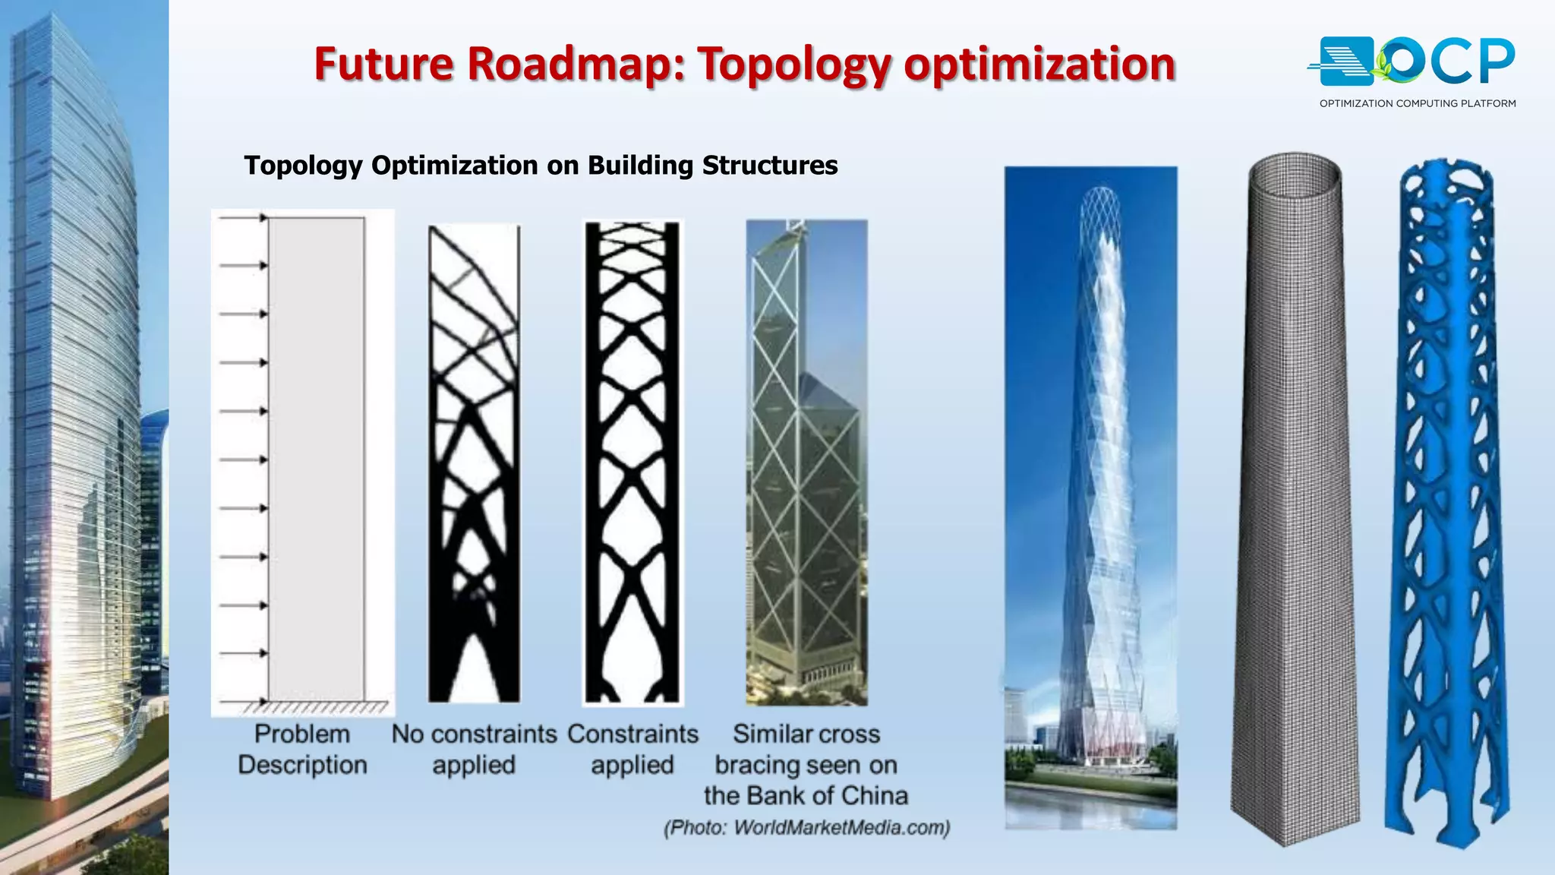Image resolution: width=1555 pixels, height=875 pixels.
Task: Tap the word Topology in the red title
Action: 793,65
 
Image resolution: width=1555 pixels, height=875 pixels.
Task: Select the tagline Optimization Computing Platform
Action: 1417,103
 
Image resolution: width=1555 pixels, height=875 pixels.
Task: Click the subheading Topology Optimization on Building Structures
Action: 541,166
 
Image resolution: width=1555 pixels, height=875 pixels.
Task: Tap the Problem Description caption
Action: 302,749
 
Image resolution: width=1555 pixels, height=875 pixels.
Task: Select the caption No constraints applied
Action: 474,749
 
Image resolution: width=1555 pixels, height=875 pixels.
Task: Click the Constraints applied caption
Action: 632,749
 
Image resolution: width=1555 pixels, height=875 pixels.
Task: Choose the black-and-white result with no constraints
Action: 475,463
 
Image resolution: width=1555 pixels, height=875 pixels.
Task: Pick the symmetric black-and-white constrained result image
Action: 632,463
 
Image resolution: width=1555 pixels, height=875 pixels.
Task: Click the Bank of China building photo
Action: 806,463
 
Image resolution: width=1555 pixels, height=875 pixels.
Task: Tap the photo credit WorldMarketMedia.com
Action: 806,827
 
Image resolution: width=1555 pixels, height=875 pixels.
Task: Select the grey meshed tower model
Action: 1295,501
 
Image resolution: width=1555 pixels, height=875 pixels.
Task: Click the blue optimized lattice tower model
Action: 1446,501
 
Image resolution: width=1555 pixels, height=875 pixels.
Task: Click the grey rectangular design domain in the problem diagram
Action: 317,456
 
